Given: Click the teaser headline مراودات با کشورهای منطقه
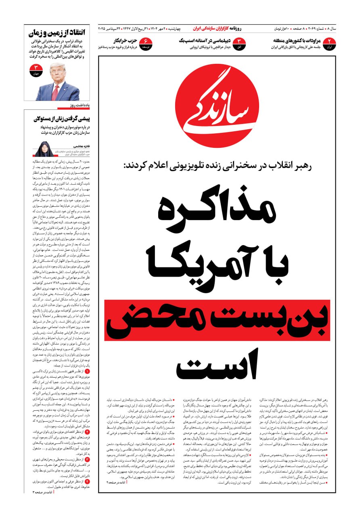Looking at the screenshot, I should click(x=297, y=41).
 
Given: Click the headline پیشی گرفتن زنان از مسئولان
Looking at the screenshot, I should click(x=62, y=119).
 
